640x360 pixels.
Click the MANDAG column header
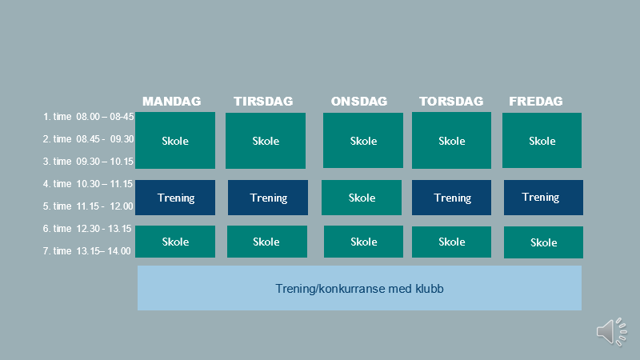[171, 102]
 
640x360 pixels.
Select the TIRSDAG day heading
[263, 102]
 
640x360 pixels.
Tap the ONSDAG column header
[359, 102]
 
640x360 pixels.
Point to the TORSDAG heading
[451, 102]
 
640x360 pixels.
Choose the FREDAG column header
[536, 102]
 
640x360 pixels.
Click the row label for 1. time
[89, 117]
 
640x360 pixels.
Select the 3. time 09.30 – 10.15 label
[89, 162]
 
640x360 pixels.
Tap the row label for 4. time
[88, 184]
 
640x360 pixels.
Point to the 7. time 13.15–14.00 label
[87, 251]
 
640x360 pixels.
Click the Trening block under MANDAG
[175, 198]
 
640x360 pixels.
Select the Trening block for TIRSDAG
[268, 198]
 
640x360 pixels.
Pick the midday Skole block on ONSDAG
[362, 198]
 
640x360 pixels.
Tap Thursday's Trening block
[451, 198]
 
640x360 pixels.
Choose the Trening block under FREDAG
[543, 198]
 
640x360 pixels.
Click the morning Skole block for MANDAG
[175, 141]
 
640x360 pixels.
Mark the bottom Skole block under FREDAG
[543, 242]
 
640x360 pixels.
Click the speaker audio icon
[611, 332]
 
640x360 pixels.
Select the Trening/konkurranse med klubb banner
[359, 288]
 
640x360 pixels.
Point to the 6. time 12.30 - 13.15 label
[87, 229]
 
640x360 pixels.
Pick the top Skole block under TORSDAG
[451, 141]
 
